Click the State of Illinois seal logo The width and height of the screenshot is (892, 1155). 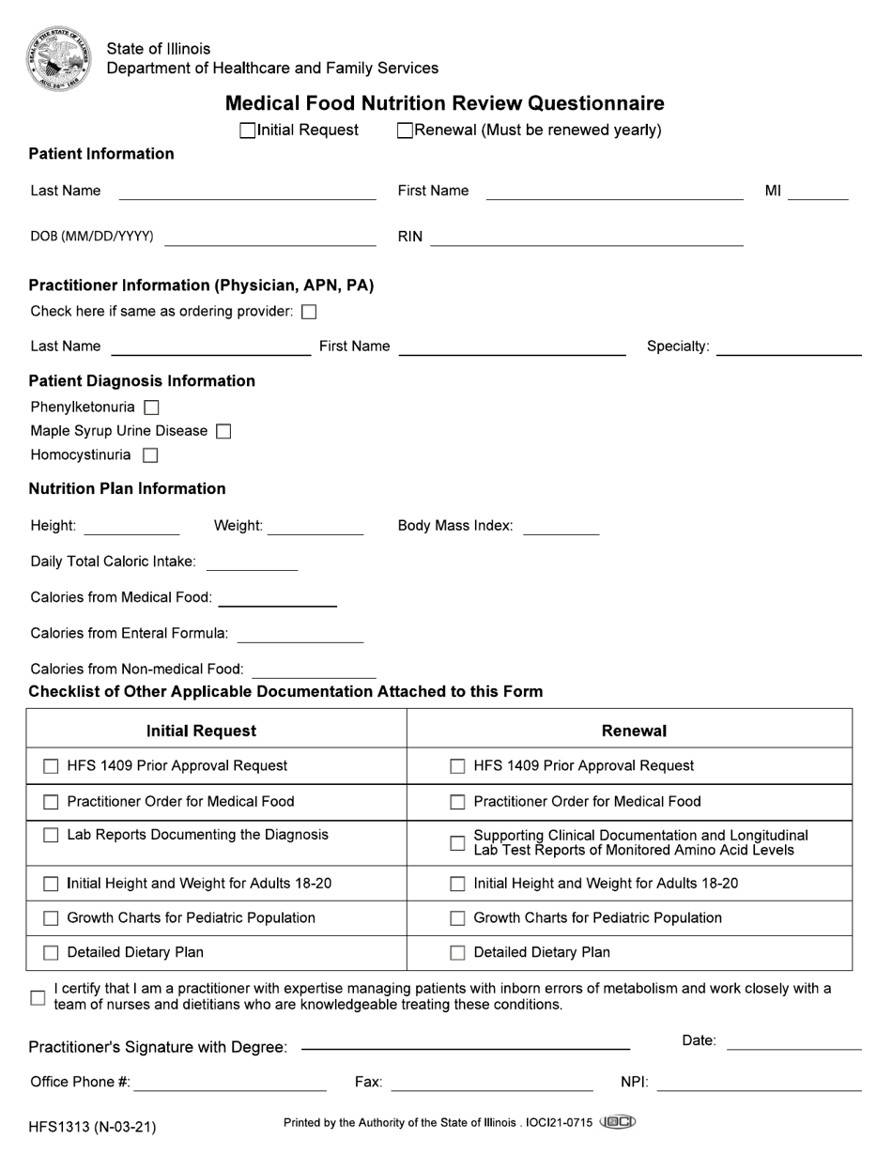point(58,58)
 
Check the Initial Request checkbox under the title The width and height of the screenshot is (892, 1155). point(248,131)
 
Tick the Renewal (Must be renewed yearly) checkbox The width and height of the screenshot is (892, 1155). point(405,131)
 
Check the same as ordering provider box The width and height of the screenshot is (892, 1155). point(309,312)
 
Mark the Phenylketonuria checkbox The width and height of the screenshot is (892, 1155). point(151,408)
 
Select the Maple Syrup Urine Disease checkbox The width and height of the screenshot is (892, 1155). point(223,431)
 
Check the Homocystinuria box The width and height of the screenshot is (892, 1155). point(150,455)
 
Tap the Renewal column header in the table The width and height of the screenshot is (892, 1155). point(634,731)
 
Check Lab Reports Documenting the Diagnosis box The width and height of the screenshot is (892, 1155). point(51,836)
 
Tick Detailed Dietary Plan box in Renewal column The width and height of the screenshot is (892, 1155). point(457,953)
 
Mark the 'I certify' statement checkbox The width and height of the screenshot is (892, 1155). point(38,997)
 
